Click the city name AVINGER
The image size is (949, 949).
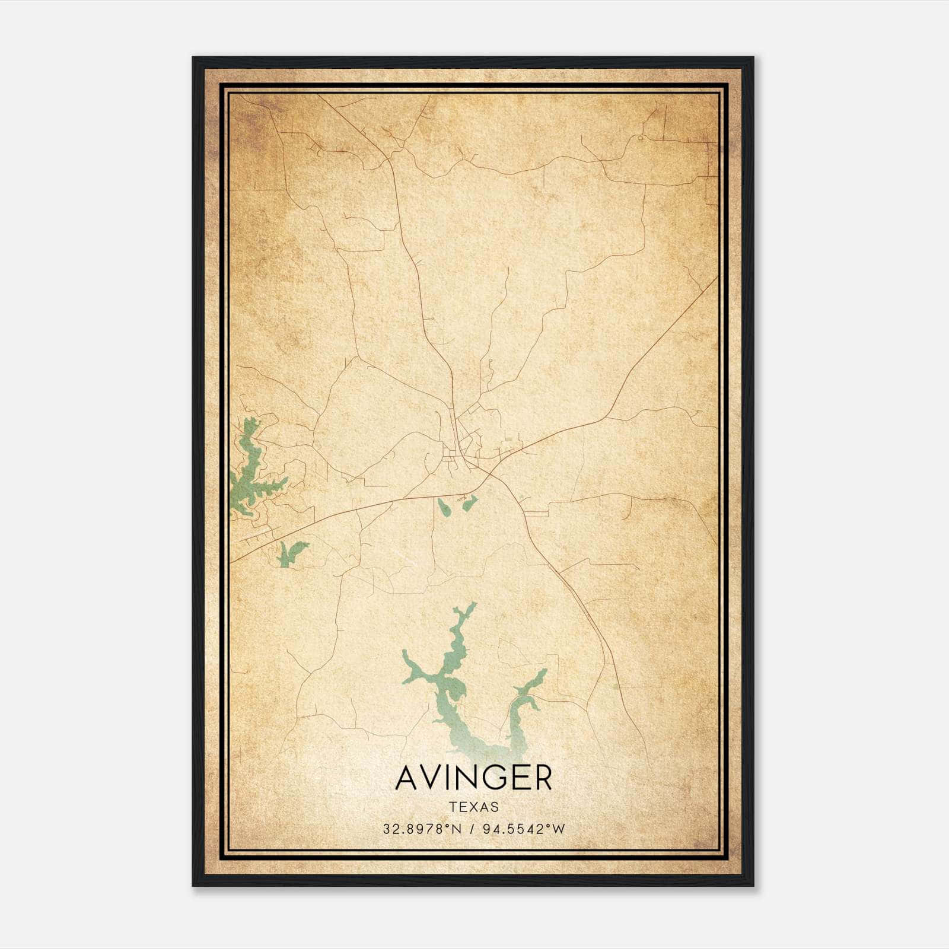[x=473, y=778]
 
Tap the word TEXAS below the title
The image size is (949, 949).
[x=474, y=807]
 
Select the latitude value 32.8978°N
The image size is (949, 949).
[x=422, y=829]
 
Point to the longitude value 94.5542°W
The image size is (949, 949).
[x=522, y=829]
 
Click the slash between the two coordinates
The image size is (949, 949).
[x=472, y=829]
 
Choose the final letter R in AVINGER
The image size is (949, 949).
[x=542, y=778]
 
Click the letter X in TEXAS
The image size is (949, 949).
[x=473, y=807]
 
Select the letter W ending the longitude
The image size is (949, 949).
[x=559, y=829]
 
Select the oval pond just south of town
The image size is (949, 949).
[x=444, y=507]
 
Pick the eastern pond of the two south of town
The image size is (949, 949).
[x=469, y=503]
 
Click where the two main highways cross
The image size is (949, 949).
[x=486, y=469]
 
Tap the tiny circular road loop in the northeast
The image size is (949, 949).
[x=641, y=138]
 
